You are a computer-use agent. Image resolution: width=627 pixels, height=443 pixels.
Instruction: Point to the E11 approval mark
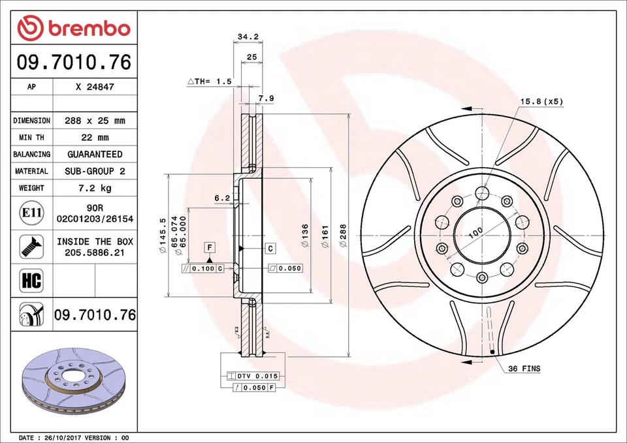click(31, 213)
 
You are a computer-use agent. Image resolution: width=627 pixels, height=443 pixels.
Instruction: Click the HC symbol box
click(31, 281)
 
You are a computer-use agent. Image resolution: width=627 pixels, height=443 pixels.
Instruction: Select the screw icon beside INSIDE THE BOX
click(31, 246)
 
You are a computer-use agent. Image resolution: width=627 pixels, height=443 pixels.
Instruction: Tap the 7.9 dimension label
click(266, 99)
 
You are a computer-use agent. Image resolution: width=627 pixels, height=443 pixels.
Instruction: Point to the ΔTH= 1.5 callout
click(210, 82)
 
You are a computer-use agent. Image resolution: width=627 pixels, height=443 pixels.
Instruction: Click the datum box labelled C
click(270, 248)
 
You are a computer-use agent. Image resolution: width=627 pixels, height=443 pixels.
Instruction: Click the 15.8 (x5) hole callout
click(541, 101)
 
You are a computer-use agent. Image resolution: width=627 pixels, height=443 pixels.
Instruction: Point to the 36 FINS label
click(524, 369)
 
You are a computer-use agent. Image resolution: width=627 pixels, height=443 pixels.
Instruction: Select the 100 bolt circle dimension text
click(475, 232)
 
